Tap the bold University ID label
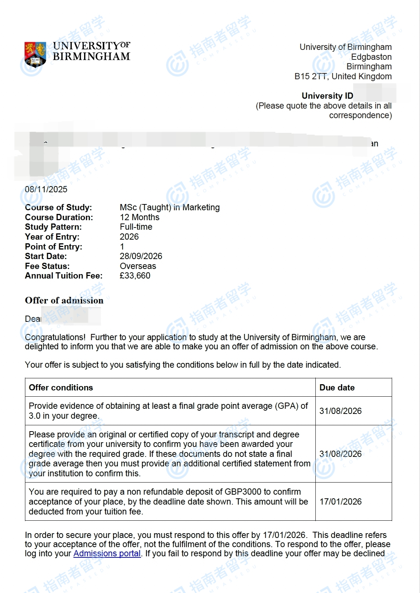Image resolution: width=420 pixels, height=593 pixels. pos(327,96)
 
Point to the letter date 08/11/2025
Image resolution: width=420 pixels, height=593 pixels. pos(46,189)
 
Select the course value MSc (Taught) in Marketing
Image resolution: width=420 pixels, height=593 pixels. pos(170,207)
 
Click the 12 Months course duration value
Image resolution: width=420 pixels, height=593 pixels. pos(140,217)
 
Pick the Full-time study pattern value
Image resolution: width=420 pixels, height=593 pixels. pos(136,227)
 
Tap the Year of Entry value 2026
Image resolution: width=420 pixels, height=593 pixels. pos(129,237)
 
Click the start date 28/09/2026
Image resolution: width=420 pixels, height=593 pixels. pos(141,256)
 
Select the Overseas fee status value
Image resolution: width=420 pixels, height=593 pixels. pos(138,266)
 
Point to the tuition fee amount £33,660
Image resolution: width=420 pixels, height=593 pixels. pos(135,276)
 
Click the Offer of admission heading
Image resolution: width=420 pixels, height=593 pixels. pos(64,301)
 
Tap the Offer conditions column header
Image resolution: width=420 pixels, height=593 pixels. pos(61,388)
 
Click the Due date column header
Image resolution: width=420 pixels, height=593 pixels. pos(337,388)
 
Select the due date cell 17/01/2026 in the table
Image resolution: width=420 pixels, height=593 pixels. pos(340,502)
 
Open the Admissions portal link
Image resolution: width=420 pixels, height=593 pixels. pos(107,553)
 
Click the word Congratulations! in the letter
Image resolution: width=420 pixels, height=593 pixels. pos(55,337)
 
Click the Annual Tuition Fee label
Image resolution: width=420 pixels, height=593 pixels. pos(64,276)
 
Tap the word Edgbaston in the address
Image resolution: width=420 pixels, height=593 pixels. pos(371,57)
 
